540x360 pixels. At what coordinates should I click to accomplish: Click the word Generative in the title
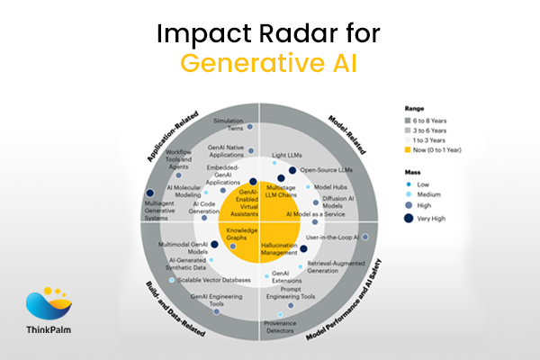(236, 64)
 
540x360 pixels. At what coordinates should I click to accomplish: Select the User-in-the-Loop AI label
(332, 238)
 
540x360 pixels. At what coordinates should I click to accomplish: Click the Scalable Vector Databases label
(217, 280)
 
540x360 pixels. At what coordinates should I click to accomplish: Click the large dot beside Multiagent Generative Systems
(148, 194)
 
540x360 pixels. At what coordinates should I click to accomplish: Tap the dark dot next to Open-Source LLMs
(292, 169)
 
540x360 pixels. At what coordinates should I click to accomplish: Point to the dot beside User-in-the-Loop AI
(364, 238)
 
